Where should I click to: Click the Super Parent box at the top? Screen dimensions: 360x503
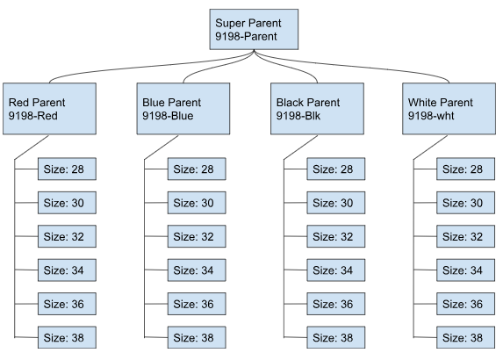click(255, 28)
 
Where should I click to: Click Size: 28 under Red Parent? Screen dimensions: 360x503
click(66, 169)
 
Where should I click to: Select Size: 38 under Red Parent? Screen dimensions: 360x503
click(66, 337)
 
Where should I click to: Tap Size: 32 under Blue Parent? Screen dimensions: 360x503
click(197, 237)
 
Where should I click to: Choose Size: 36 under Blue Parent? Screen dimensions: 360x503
click(197, 304)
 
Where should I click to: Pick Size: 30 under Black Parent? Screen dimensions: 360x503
click(336, 203)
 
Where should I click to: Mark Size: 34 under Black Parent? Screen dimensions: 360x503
click(336, 270)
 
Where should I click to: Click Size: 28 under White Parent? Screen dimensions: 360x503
click(465, 169)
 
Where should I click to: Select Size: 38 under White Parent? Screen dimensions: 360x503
click(465, 337)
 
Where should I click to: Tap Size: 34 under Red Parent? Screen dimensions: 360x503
click(66, 270)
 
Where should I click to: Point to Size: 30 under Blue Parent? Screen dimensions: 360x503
click(197, 203)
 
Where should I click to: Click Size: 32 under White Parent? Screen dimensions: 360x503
click(465, 237)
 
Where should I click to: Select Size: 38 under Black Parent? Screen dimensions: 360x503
click(336, 337)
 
